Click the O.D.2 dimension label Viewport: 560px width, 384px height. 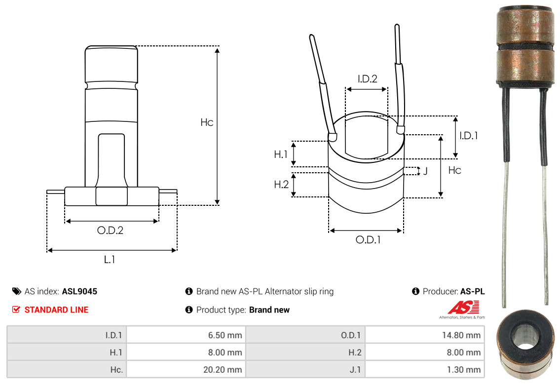point(110,230)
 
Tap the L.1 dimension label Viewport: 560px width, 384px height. point(109,259)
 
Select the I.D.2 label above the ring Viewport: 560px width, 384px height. point(367,78)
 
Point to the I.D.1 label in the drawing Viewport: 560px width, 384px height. point(468,135)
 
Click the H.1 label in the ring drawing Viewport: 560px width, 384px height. point(281,154)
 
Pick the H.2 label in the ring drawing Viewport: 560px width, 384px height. point(281,184)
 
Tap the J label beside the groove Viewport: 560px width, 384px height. point(425,171)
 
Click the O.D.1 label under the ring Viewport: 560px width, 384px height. point(368,240)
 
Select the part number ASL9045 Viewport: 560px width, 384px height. point(79,292)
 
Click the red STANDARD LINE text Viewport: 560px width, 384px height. point(56,309)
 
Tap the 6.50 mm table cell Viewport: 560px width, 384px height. point(186,335)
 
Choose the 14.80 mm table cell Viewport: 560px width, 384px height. point(425,335)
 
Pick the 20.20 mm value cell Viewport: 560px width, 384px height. point(186,369)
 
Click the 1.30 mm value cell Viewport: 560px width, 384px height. point(425,369)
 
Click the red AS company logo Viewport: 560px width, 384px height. point(464,307)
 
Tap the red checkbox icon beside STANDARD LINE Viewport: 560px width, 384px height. point(16,309)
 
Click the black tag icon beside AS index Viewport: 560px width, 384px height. point(16,291)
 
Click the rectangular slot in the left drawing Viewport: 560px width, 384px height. point(112,160)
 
